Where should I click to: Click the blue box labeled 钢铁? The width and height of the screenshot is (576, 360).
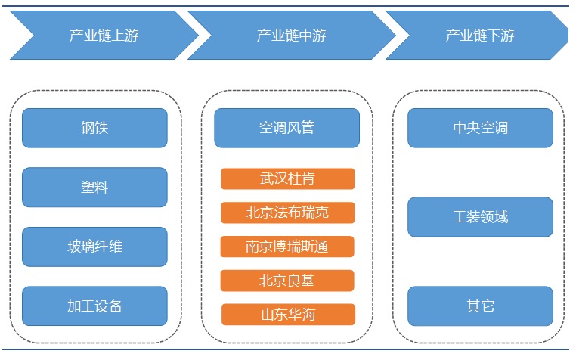coord(94,128)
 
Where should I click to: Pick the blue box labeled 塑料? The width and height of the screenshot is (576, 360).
coord(94,187)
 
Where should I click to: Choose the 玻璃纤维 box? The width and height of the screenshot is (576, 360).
coord(94,247)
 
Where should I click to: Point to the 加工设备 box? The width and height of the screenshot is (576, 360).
coord(94,306)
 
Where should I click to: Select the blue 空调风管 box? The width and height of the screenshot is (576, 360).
coord(287,128)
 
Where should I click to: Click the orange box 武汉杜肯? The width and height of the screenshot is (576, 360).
coord(288,178)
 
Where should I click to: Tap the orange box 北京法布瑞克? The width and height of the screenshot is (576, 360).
coord(288,213)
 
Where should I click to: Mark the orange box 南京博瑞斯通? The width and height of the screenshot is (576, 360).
coord(287,247)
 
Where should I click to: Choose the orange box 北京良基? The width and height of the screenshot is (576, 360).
coord(287,281)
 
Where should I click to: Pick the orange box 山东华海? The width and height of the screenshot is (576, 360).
coord(288,315)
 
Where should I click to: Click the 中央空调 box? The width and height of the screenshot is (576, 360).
coord(481,128)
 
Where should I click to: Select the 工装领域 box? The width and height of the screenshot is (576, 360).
coord(481,217)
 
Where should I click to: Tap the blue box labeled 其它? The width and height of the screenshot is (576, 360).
coord(481,306)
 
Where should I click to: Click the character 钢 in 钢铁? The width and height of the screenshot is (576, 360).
coord(88,128)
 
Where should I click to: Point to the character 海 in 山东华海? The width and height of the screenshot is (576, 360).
coord(309,315)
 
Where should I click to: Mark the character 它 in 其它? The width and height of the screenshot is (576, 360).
coord(488,306)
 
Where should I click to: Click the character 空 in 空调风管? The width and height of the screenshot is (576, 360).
coord(266,128)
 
